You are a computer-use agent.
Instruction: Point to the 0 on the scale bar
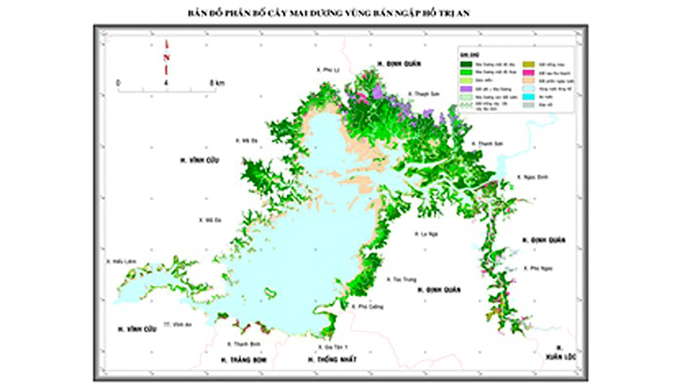119,82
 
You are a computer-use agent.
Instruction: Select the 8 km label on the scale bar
217,82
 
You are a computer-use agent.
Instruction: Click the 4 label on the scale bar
167,82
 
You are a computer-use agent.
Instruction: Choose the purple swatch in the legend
466,88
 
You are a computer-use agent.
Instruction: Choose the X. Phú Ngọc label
538,268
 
